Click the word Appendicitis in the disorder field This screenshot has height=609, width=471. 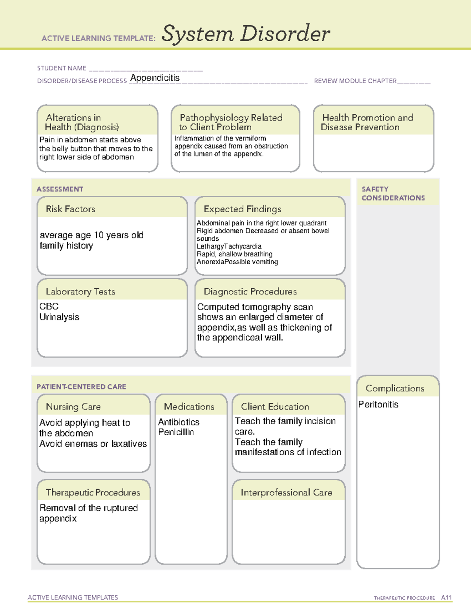(155, 78)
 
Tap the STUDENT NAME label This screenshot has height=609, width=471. (62, 68)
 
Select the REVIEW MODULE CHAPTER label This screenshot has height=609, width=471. (355, 81)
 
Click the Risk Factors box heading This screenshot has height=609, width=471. (70, 209)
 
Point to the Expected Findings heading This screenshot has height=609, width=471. (242, 209)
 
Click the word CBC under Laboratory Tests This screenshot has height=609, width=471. (49, 306)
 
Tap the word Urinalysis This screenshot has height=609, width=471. (59, 317)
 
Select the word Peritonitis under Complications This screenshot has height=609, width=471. (378, 404)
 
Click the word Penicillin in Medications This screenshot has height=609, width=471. (176, 432)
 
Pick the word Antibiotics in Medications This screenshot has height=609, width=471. (179, 422)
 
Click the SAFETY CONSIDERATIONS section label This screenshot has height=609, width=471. (393, 194)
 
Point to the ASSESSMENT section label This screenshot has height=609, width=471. (60, 189)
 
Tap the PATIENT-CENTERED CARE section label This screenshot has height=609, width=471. (81, 387)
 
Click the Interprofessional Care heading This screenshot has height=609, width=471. (286, 493)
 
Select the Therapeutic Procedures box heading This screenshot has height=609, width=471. (93, 493)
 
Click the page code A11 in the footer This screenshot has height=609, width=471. (446, 598)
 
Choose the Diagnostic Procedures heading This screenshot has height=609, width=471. (250, 292)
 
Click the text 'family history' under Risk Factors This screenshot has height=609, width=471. (66, 246)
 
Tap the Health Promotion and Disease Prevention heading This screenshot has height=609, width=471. (367, 122)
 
